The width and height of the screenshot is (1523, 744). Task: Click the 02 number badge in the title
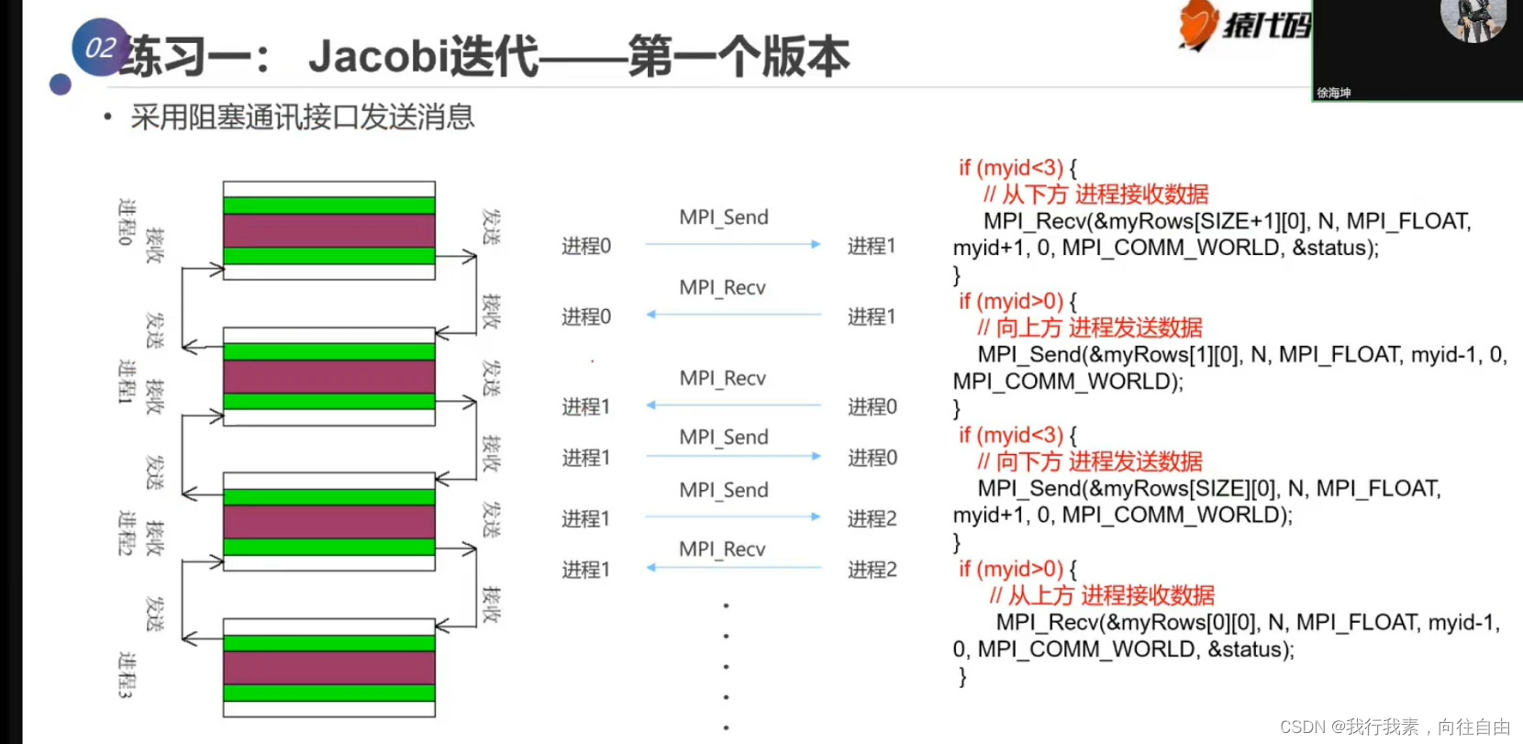[x=100, y=48]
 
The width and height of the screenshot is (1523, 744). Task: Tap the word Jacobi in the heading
[x=377, y=57]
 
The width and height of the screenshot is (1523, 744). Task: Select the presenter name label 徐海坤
[x=1334, y=93]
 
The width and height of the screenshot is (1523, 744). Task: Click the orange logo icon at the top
[x=1198, y=25]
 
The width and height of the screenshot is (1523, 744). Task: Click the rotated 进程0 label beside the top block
[x=126, y=221]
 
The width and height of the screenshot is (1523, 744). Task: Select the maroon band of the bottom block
[x=328, y=667]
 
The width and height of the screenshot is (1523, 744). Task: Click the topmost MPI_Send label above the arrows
[x=723, y=217]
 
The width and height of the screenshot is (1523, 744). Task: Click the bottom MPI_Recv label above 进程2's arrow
[x=721, y=549]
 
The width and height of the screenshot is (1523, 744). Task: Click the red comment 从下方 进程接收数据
[x=1105, y=194]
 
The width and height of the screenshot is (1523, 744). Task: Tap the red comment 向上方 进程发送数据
[x=1098, y=328]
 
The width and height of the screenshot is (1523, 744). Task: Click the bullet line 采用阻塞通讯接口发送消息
[x=302, y=117]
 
